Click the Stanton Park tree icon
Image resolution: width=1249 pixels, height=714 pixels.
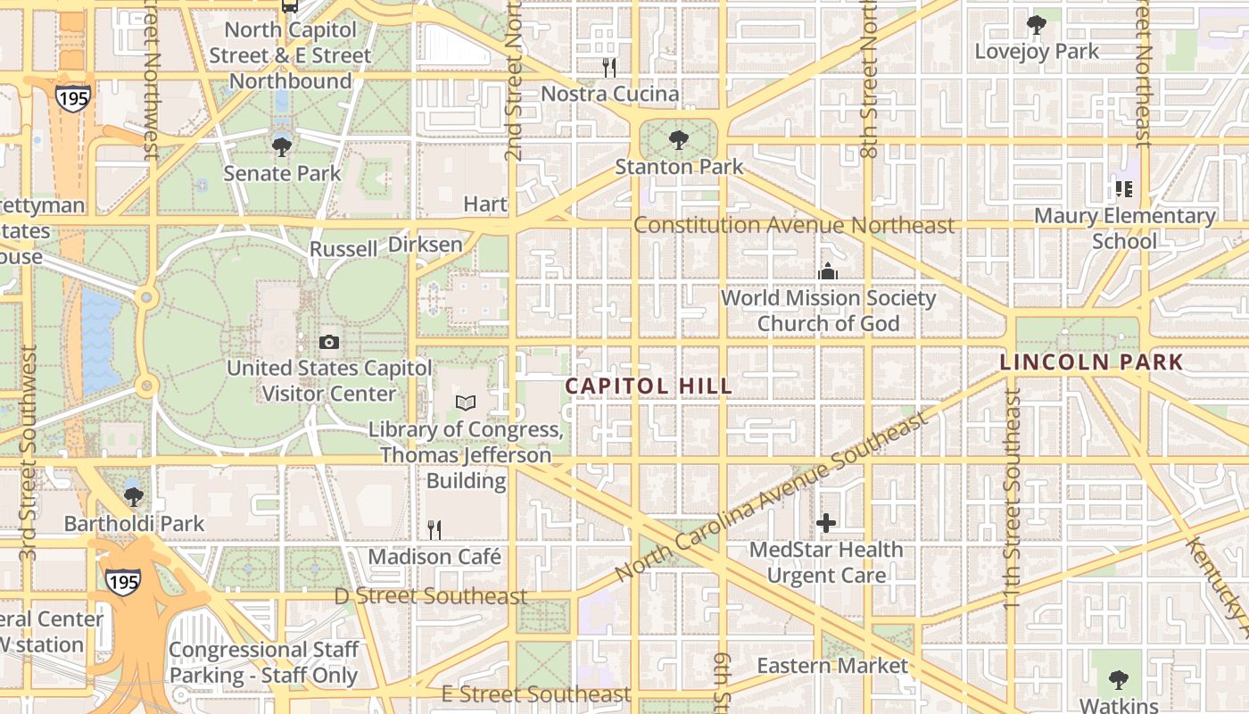click(678, 140)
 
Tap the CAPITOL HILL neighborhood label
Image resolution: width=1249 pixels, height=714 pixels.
click(649, 386)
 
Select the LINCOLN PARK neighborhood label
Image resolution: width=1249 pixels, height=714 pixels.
click(1091, 362)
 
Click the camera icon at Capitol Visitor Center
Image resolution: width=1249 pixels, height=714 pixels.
click(328, 342)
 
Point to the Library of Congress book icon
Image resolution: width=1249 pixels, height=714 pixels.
click(466, 403)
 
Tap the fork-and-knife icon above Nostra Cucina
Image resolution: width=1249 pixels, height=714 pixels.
click(609, 67)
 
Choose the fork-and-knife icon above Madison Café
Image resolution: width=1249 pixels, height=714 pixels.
click(434, 530)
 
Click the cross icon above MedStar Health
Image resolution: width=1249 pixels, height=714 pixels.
click(826, 523)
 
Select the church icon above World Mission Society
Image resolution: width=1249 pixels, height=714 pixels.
click(828, 270)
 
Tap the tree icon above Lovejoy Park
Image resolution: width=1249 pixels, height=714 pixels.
click(1036, 25)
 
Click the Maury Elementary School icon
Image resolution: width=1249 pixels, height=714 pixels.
click(1124, 189)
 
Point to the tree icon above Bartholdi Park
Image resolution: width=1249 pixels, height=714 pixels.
click(134, 496)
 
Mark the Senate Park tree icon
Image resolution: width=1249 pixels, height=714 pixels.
click(282, 145)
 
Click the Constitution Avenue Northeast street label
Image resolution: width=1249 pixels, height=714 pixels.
click(794, 225)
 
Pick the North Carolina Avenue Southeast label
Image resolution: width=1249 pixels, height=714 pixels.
click(773, 500)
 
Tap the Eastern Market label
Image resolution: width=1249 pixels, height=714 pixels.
click(832, 666)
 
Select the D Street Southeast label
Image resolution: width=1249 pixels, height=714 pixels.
click(431, 596)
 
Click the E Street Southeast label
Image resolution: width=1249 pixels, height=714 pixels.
click(536, 694)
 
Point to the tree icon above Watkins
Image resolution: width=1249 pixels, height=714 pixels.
click(1119, 680)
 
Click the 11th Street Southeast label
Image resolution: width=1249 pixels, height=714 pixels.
click(1011, 500)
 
